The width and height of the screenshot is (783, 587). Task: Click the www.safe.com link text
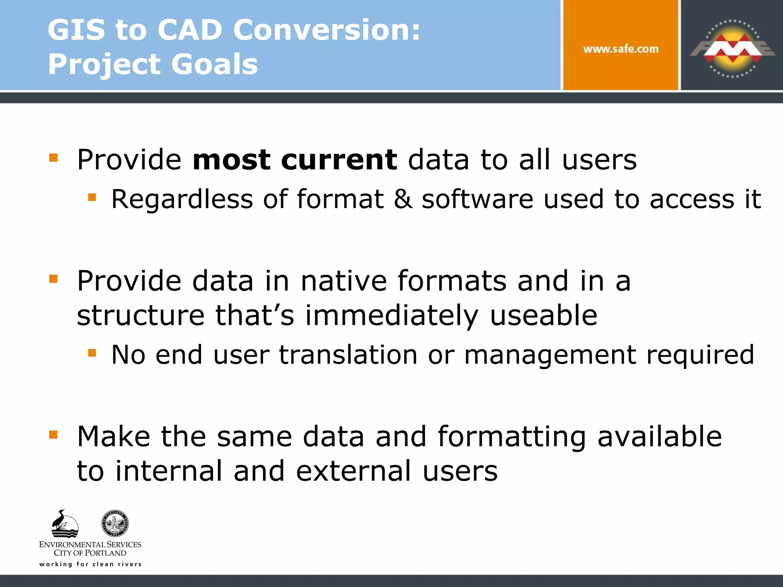pyautogui.click(x=621, y=49)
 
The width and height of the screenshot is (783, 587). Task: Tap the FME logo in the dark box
pyautogui.click(x=732, y=49)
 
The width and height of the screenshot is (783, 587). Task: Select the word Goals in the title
pyautogui.click(x=214, y=64)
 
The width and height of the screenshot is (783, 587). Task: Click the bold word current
pyautogui.click(x=339, y=160)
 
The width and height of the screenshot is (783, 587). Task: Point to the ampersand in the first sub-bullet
pyautogui.click(x=403, y=199)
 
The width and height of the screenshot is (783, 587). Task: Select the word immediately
pyautogui.click(x=391, y=316)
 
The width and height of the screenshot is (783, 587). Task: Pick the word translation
pyautogui.click(x=348, y=355)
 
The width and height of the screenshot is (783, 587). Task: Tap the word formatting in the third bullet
pyautogui.click(x=512, y=436)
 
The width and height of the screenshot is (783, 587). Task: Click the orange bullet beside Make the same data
pyautogui.click(x=54, y=435)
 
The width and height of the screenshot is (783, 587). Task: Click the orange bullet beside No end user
pyautogui.click(x=92, y=352)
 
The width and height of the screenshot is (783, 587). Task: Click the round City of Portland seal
pyautogui.click(x=115, y=523)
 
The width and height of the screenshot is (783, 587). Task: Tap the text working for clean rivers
pyautogui.click(x=90, y=564)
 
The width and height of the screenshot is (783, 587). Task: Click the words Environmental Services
pyautogui.click(x=90, y=544)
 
